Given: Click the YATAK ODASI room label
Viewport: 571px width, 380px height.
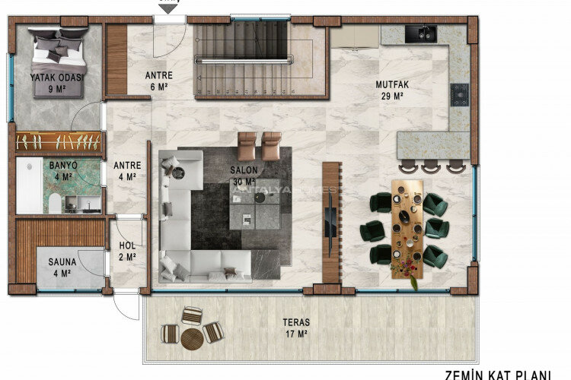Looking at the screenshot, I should pyautogui.click(x=57, y=82).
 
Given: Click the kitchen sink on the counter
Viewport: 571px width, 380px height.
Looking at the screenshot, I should pyautogui.click(x=420, y=33).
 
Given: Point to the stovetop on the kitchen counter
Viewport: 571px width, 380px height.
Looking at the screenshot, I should pyautogui.click(x=459, y=95).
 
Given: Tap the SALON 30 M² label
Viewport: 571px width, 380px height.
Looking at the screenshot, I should pyautogui.click(x=244, y=176).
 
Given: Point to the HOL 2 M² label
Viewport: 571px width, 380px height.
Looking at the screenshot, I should pyautogui.click(x=127, y=252).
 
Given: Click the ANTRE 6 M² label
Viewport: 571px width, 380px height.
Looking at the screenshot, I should pyautogui.click(x=159, y=81).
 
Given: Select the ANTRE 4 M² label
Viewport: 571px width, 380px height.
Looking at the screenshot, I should pyautogui.click(x=125, y=170).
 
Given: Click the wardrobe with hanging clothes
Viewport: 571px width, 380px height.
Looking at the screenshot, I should pyautogui.click(x=59, y=141).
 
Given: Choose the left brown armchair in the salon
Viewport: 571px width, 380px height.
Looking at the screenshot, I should pyautogui.click(x=247, y=146).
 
